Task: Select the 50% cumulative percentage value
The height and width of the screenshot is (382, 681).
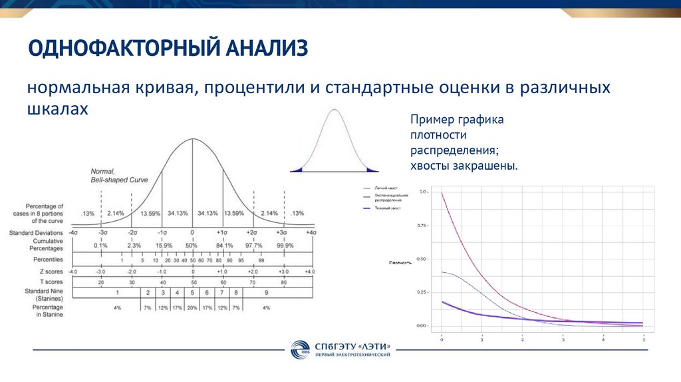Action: coord(192,246)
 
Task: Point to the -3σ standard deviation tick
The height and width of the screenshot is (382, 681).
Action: coord(101,233)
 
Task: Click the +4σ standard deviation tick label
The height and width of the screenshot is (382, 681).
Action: coord(311,233)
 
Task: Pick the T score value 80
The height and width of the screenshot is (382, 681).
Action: coord(283,282)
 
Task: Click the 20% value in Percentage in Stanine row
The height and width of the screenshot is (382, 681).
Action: coord(192,307)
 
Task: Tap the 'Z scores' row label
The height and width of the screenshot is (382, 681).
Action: coord(51,272)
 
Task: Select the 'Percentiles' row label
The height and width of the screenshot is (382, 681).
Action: coord(48,259)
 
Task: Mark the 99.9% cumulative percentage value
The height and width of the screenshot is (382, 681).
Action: coord(285,246)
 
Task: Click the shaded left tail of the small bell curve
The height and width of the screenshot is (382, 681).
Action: coord(297,170)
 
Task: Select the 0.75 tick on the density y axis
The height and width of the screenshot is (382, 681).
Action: coord(423,225)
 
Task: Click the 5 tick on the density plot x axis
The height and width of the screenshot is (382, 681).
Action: coord(643,340)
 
